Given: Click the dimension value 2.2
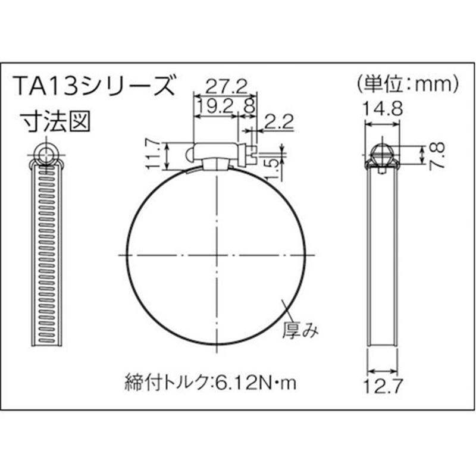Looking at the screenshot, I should (x=277, y=123).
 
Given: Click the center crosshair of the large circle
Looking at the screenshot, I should (x=218, y=255).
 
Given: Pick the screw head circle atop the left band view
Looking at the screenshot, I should (x=46, y=153).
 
